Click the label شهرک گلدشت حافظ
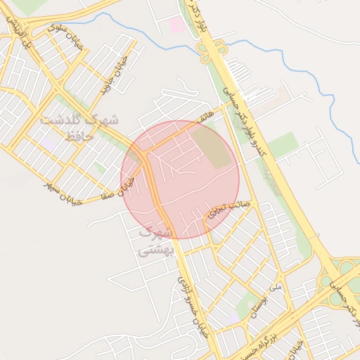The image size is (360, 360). [x=79, y=129]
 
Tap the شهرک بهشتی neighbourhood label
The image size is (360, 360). [x=153, y=240]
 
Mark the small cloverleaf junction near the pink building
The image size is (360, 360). [x=212, y=50]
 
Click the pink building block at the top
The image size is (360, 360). [x=177, y=26]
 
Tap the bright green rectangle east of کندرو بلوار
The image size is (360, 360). [x=283, y=145]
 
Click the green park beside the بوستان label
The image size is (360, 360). [x=246, y=307]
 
